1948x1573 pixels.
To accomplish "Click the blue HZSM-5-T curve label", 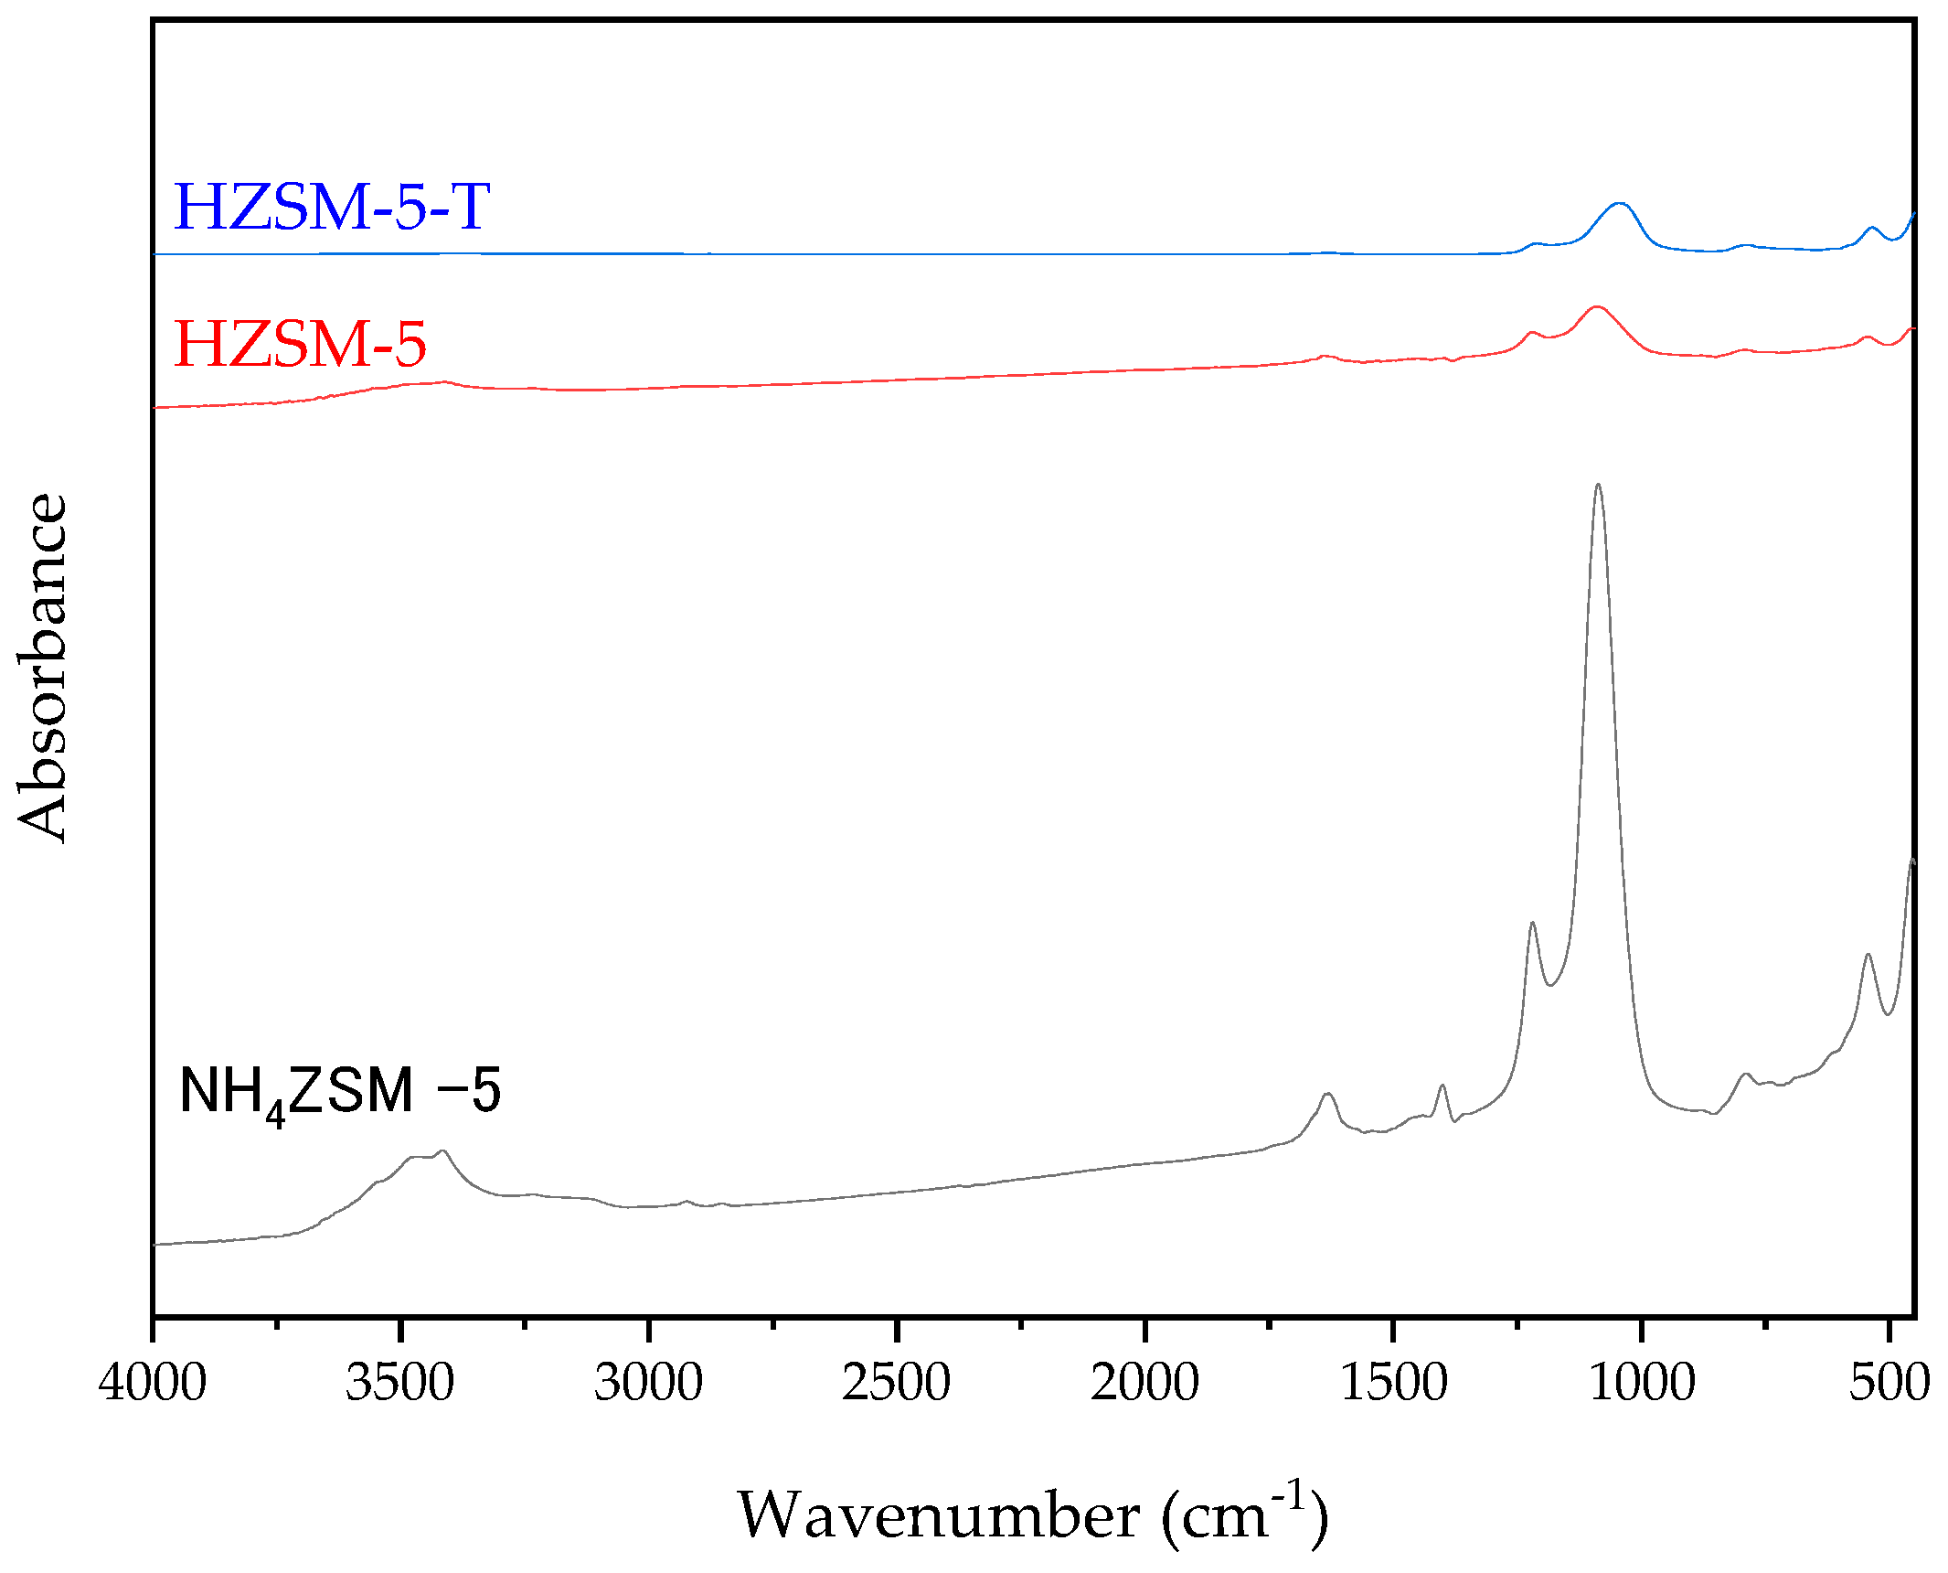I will coord(332,207).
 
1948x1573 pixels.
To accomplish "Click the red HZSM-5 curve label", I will coord(300,345).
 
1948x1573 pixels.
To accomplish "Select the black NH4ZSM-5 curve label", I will coord(340,1092).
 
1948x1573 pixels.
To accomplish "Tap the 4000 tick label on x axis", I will coord(153,1382).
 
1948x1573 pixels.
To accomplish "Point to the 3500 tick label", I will coord(400,1382).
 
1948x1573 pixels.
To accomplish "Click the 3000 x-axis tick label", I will coord(648,1382).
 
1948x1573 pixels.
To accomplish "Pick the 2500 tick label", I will coord(897,1382).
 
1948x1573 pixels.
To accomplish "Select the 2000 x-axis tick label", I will coord(1144,1382).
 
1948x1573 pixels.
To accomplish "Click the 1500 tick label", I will coord(1393,1382).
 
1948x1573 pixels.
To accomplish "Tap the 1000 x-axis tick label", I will coord(1642,1382).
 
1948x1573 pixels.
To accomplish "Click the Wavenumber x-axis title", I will coord(1033,1515).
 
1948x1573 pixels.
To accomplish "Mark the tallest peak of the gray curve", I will coord(1598,485).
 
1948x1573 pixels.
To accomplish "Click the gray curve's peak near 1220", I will coord(1532,923).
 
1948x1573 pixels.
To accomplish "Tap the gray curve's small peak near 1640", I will coord(1328,1094).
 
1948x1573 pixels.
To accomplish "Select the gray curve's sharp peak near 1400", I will coord(1442,1086).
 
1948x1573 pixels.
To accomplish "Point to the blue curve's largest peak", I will coord(1620,203).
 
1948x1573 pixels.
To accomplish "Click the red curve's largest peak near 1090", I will coord(1597,306).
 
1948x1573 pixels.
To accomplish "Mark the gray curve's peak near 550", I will coord(1868,955).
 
